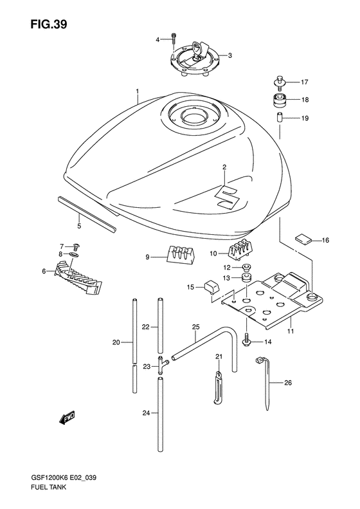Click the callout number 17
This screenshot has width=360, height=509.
[x=305, y=82]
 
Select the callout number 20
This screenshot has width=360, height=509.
[x=116, y=342]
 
